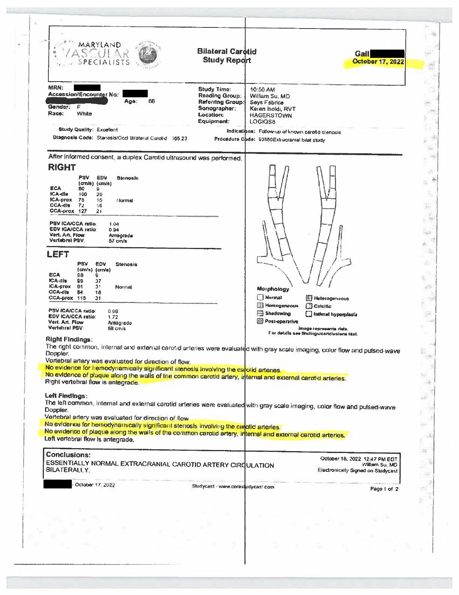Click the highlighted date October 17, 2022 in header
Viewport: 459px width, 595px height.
[x=378, y=62]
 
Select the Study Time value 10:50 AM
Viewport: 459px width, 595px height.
[x=262, y=89]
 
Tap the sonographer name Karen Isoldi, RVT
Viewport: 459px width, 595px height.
[x=273, y=109]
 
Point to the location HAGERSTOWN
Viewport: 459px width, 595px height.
[x=271, y=116]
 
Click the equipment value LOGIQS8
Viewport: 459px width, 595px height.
[x=262, y=122]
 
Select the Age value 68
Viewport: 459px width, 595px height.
[x=151, y=101]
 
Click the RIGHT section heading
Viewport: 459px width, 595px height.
[x=62, y=168]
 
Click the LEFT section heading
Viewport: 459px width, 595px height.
[x=58, y=254]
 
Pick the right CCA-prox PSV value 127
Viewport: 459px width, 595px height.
[x=82, y=211]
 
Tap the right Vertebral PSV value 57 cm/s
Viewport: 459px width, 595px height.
[x=118, y=241]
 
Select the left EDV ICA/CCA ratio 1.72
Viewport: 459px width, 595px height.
[x=113, y=317]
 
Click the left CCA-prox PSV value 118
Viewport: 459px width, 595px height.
[x=81, y=298]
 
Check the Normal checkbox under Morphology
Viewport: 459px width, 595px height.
[x=260, y=297]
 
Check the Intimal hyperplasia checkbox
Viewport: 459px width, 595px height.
[x=309, y=314]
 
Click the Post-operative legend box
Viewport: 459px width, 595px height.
[x=260, y=321]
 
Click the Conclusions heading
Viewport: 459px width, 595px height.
[x=68, y=455]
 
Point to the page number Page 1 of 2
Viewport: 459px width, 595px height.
[x=384, y=489]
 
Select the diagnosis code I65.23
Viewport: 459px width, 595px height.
[x=180, y=138]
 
